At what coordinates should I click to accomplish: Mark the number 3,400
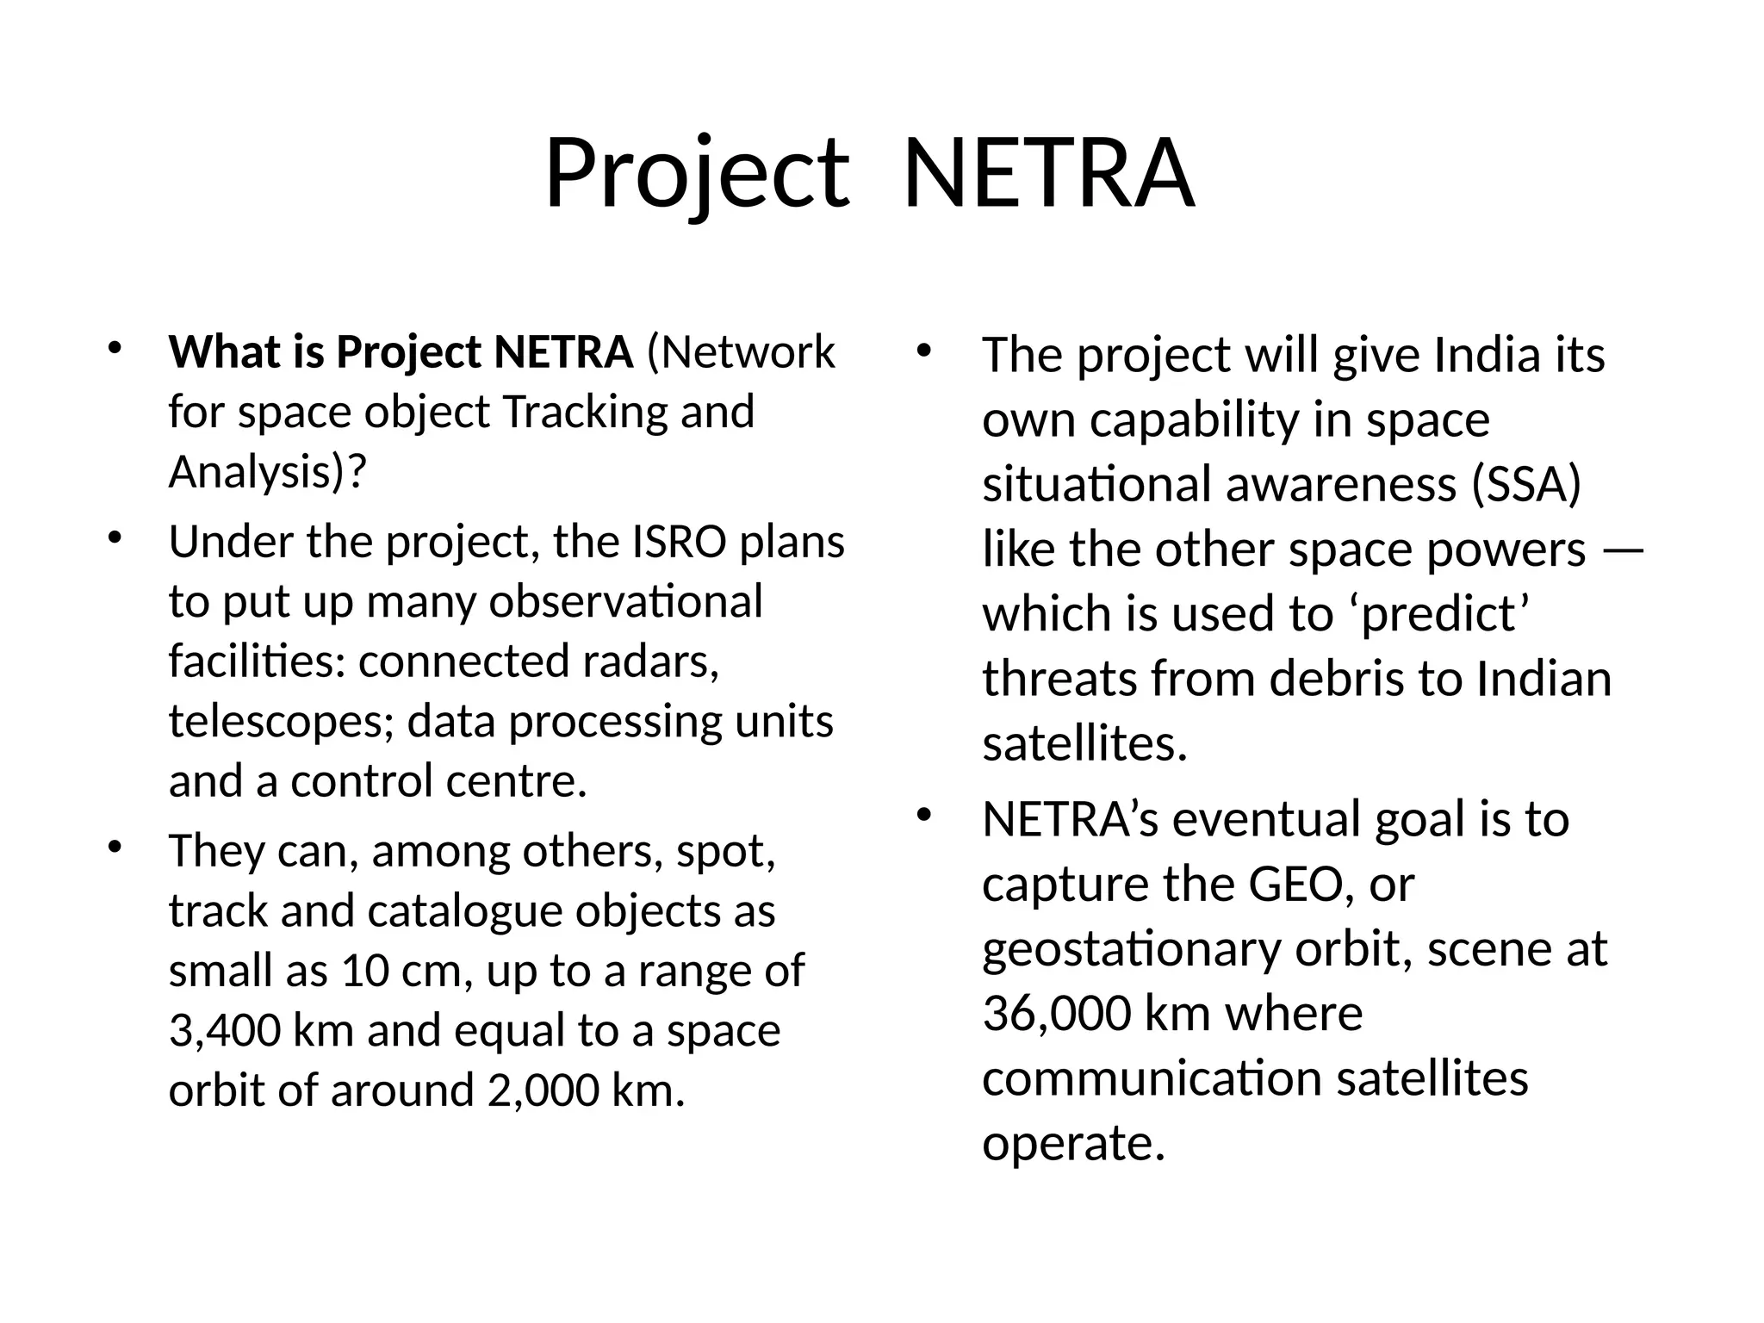coord(224,1031)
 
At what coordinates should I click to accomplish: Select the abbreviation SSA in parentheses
coord(1526,484)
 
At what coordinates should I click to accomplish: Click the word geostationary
coord(1131,950)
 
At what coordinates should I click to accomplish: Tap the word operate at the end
coord(1073,1144)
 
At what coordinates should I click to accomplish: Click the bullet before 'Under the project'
coord(114,539)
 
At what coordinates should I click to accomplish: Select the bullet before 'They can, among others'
coord(114,848)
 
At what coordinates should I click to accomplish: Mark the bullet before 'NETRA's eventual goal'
coord(925,815)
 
